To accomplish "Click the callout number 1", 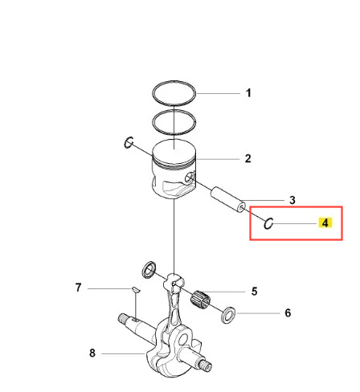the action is [248, 93].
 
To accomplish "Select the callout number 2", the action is [248, 158].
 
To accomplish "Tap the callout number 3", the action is [292, 200].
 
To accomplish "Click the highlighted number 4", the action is [325, 223].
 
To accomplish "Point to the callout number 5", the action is [254, 292].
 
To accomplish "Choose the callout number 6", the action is [288, 312].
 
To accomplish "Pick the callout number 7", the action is [78, 288].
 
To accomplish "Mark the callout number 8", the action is [92, 353].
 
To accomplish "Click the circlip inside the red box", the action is [265, 223].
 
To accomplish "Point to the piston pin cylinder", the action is [227, 200].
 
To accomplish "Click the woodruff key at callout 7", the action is [136, 290].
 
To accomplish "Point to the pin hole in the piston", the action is [190, 178].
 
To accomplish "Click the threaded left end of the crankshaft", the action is [123, 318].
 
